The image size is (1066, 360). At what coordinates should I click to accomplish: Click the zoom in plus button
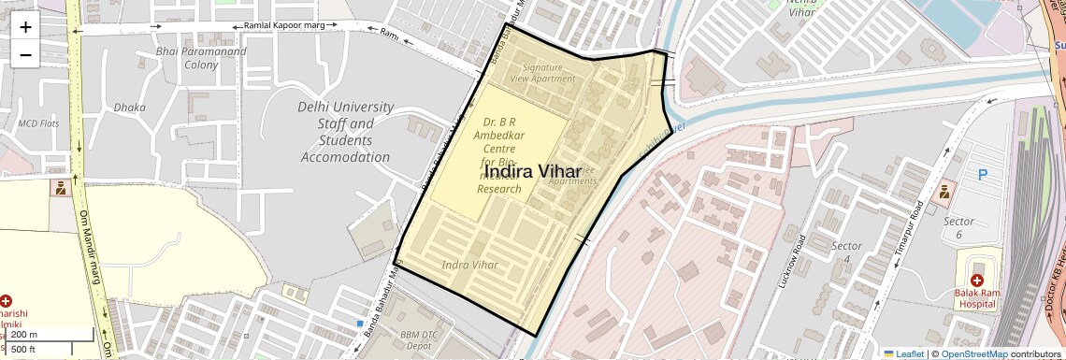tap(25, 27)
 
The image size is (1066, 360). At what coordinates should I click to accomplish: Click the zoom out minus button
tap(25, 55)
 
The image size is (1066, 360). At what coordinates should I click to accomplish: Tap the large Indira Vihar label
tap(534, 171)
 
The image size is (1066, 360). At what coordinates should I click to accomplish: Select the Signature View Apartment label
tap(548, 73)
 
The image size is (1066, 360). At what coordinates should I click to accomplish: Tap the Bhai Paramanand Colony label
tap(201, 58)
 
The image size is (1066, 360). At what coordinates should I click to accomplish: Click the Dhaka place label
tap(129, 108)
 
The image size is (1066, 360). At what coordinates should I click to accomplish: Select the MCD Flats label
tap(39, 123)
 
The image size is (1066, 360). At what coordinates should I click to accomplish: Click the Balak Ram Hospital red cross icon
tap(977, 281)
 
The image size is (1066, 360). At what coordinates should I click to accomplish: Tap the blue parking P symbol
tap(983, 175)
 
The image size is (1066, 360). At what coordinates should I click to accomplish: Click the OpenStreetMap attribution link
tap(973, 353)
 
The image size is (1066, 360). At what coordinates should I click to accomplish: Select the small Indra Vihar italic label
tap(469, 266)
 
